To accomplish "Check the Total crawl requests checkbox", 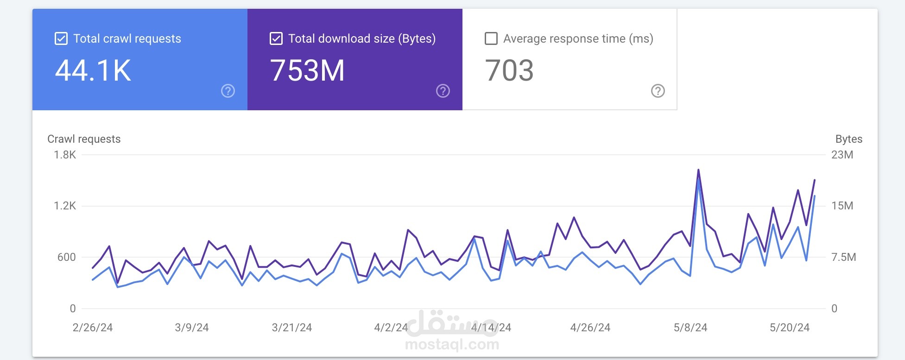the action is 61,38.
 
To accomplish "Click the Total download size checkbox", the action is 276,38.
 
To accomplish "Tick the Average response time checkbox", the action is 491,38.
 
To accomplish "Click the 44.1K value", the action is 93,70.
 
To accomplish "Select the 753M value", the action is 307,70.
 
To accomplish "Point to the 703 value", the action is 509,70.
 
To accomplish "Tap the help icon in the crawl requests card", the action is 228,91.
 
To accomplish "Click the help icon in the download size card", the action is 443,91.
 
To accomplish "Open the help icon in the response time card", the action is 658,91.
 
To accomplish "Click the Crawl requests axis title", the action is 84,139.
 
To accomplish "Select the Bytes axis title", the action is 849,139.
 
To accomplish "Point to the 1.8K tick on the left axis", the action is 65,155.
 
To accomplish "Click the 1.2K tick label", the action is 65,206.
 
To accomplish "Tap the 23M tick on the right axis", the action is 842,155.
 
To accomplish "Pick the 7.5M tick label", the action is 844,257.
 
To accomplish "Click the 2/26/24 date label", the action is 93,328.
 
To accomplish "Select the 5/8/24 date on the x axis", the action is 690,328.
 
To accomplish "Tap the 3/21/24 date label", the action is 292,328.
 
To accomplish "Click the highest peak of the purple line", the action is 698,170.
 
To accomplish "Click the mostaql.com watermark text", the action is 452,344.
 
